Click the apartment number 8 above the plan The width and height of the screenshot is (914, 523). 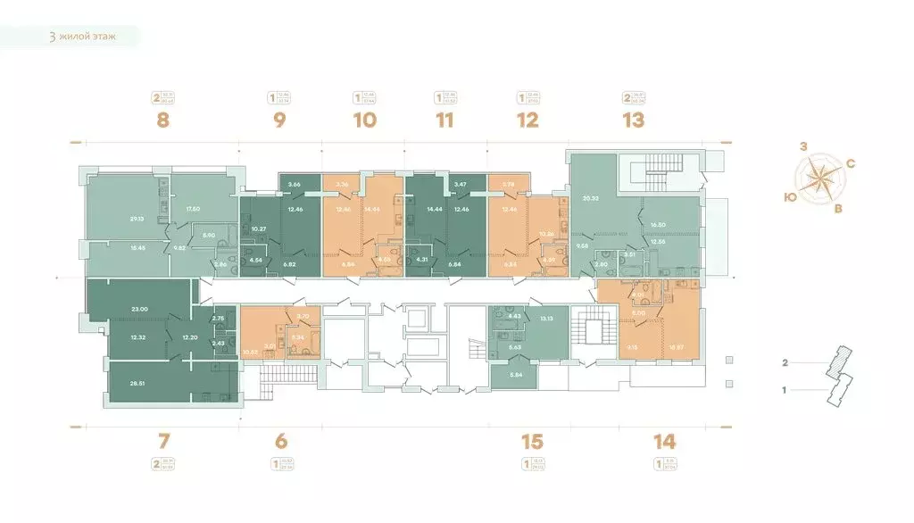tap(162, 120)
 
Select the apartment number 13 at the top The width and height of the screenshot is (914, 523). tap(633, 120)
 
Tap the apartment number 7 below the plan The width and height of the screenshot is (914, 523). tap(162, 440)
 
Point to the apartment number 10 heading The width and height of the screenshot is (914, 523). tap(364, 120)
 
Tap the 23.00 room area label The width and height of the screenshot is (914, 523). tap(137, 309)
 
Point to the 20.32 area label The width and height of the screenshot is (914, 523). tap(589, 198)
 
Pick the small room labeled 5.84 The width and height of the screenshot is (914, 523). tap(512, 374)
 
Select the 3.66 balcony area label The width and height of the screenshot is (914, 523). tap(294, 184)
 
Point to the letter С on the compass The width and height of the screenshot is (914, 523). tap(852, 163)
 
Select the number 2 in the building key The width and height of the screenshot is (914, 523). tap(785, 363)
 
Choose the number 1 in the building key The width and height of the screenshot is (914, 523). tap(785, 390)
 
